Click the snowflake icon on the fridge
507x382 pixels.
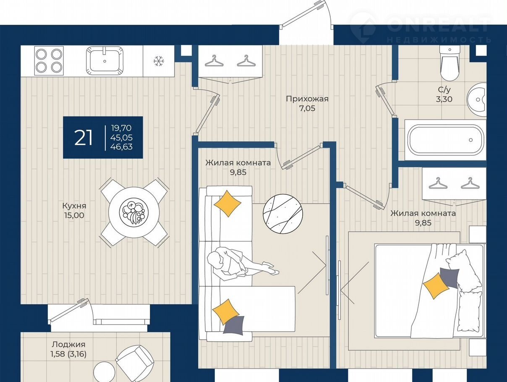(159, 61)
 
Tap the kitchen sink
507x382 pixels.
(105, 61)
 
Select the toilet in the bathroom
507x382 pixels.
(450, 63)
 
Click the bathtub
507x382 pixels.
(446, 140)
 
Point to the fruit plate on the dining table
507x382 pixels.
(132, 212)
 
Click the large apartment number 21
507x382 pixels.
(84, 138)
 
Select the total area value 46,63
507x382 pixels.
(121, 147)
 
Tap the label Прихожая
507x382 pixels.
(307, 99)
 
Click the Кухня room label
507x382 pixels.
(74, 206)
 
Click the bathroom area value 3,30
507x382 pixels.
(444, 99)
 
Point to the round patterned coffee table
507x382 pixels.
(283, 214)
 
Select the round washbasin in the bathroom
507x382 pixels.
(477, 99)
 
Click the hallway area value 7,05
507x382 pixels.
(307, 108)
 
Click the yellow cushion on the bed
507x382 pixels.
(436, 286)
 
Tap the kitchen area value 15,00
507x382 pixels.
(74, 215)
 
